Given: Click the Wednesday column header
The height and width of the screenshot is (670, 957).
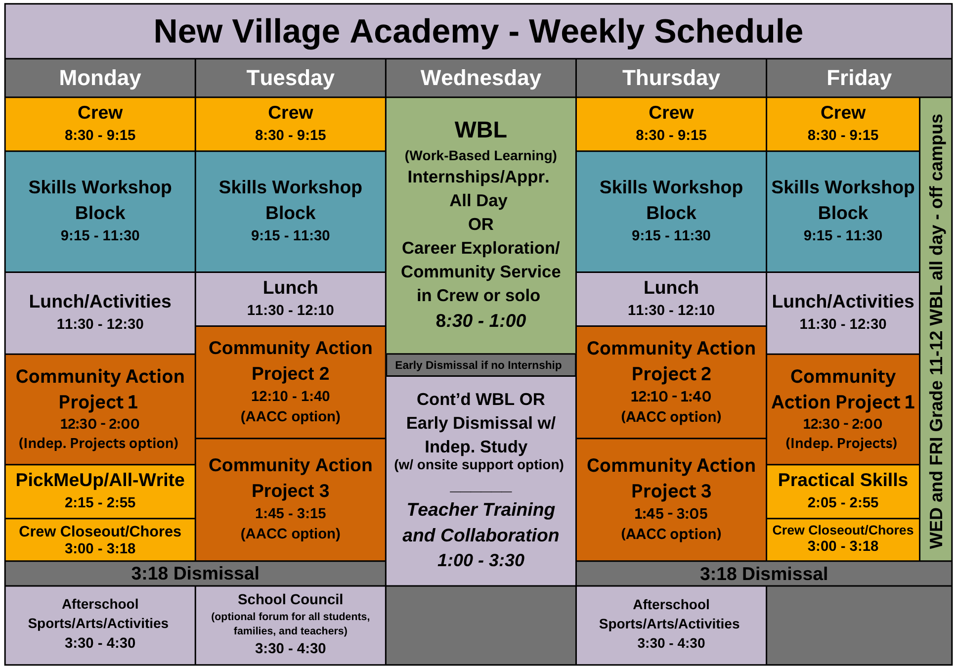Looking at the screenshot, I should point(480,78).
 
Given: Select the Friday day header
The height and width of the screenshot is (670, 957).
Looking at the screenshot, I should point(859,78).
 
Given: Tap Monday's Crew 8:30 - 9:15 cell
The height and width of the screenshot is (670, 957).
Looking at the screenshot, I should point(100,124).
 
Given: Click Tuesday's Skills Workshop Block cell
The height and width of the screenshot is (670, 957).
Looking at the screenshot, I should point(290,211).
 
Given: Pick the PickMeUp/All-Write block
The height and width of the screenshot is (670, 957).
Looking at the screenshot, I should point(100,491).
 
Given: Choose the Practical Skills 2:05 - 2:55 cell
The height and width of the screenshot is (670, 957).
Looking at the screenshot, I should point(843,491).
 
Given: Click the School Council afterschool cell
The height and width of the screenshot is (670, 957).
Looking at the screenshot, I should point(290,624).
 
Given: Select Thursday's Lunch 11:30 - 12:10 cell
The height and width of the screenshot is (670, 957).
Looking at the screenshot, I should point(671,298).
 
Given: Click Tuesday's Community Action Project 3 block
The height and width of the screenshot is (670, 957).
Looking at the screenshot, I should point(290,498).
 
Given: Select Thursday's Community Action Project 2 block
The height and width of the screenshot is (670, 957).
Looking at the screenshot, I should point(671,382).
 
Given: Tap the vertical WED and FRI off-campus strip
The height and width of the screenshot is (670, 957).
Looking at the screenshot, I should point(936,329).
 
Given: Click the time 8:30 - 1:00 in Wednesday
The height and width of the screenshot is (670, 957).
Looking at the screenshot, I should point(480,321).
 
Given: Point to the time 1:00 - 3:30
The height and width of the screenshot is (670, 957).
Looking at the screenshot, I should point(480,560).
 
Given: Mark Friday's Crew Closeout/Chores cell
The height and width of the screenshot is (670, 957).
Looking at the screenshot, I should point(843,538).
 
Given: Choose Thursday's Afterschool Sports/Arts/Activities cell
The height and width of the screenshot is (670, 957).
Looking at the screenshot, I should point(671,624).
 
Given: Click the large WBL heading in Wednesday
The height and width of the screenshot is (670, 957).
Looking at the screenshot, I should point(480,130).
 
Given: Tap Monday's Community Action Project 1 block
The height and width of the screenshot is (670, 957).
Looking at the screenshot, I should point(100,409).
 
